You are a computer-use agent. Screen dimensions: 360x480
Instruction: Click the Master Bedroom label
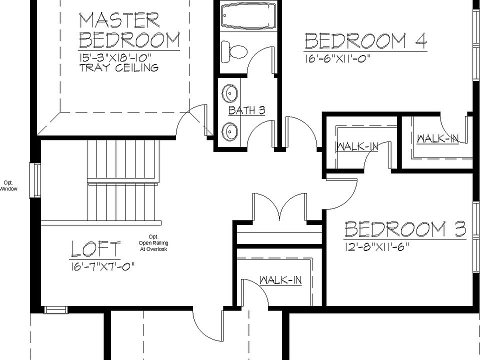(x=129, y=30)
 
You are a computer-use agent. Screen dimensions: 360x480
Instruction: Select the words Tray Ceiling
(x=119, y=67)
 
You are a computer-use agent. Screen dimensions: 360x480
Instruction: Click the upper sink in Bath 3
(x=230, y=93)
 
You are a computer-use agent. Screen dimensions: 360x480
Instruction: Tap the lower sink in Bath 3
(x=230, y=131)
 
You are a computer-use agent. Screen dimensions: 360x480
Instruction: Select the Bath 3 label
(x=246, y=110)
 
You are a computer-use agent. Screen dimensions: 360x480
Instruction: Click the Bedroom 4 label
(x=365, y=41)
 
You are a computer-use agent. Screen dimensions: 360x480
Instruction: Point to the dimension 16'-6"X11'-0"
(x=337, y=58)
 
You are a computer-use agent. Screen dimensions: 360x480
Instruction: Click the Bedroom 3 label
(x=405, y=229)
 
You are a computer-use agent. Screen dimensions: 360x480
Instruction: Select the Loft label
(x=95, y=249)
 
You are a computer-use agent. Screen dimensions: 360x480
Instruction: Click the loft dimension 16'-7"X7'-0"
(x=102, y=266)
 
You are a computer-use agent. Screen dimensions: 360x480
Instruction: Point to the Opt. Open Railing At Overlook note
(x=153, y=243)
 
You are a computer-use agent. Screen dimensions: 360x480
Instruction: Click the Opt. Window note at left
(x=8, y=185)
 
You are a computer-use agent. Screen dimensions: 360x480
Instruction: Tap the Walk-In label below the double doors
(x=280, y=280)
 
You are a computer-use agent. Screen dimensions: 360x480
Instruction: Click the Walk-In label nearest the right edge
(x=437, y=138)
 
